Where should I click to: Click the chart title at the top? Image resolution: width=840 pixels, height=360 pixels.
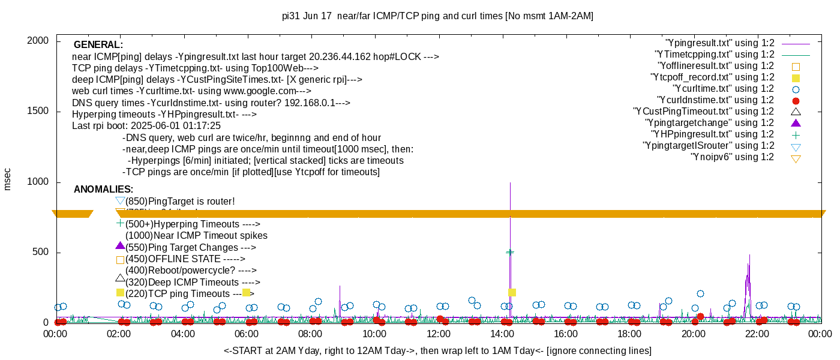437,16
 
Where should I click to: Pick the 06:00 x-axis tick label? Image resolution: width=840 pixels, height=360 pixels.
247,334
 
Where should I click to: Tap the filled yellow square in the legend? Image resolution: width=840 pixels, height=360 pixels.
796,77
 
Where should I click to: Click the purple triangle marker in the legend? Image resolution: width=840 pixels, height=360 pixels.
796,123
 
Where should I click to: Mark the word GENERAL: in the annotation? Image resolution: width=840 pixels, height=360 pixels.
98,45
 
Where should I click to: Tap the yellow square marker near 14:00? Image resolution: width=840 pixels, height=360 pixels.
512,293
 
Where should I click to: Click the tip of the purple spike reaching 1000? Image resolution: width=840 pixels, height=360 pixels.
510,183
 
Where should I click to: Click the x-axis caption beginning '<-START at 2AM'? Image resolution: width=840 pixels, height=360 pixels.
437,350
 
